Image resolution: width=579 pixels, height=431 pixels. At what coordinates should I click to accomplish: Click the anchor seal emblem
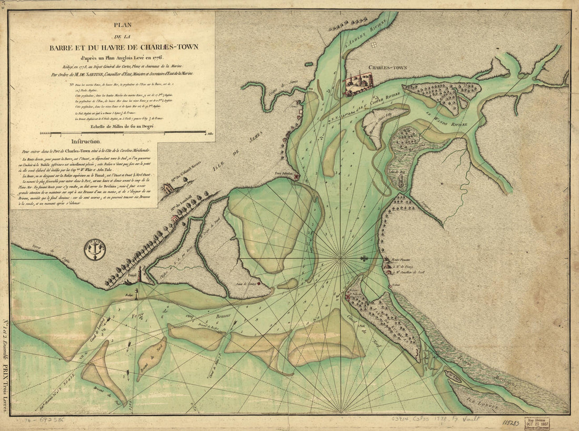click(95, 249)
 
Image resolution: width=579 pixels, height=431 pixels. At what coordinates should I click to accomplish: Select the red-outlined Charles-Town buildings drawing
click(358, 84)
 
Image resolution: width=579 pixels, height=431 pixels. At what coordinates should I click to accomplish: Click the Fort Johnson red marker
click(297, 178)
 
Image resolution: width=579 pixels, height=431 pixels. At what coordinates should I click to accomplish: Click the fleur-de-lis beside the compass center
click(363, 259)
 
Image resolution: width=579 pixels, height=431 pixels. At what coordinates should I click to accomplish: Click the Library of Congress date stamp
click(536, 423)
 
